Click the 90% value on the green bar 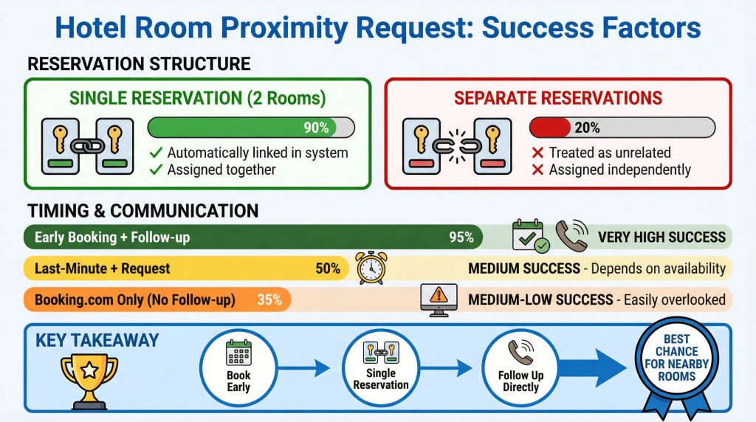(x=316, y=128)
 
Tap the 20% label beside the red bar (x=587, y=128)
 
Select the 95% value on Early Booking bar (x=461, y=237)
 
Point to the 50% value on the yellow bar (x=328, y=269)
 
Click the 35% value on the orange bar (x=269, y=300)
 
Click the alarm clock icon (x=371, y=268)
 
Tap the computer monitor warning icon (x=438, y=300)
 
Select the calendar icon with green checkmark (x=531, y=237)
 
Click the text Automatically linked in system (x=257, y=153)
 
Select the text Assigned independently (x=619, y=170)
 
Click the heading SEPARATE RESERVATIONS (x=557, y=98)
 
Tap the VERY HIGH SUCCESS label (x=661, y=238)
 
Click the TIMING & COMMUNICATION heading (x=142, y=211)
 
